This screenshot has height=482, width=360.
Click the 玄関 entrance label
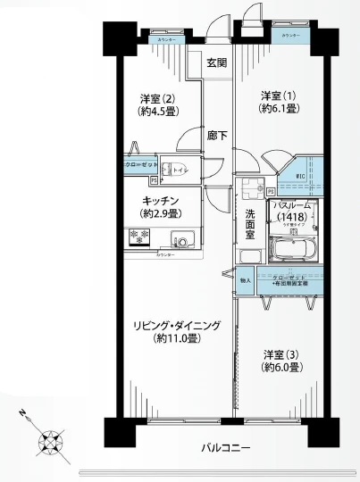(x=217, y=62)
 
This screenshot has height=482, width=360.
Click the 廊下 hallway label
(x=217, y=136)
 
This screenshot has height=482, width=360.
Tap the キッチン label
(x=163, y=200)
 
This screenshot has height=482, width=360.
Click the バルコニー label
(x=225, y=445)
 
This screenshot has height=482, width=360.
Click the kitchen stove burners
(x=138, y=238)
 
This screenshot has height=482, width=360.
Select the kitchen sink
(x=181, y=239)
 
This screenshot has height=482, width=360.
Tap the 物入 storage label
(x=245, y=279)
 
